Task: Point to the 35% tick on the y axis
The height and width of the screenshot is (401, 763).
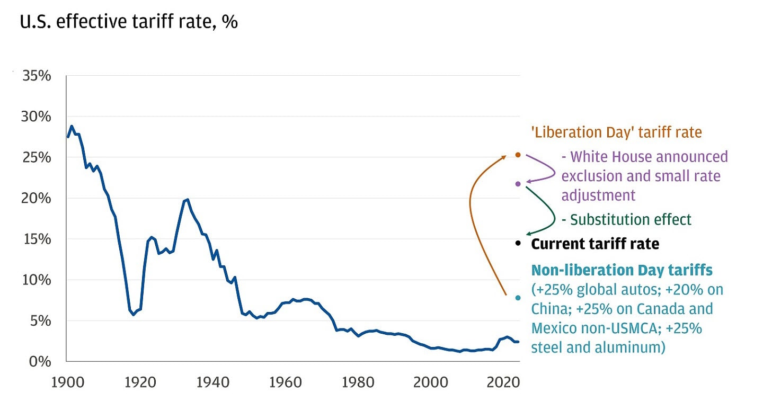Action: (37, 76)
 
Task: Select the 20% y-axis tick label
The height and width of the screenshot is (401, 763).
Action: (37, 198)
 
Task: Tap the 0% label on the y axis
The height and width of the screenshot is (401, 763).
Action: (40, 362)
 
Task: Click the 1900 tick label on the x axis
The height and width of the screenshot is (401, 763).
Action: (67, 382)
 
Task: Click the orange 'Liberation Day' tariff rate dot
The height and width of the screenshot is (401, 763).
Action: (518, 155)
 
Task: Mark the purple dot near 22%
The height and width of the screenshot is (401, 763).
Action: (518, 184)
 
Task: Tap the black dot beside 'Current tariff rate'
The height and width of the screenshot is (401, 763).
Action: (518, 243)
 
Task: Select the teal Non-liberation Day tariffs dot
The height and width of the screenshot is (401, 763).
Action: (518, 298)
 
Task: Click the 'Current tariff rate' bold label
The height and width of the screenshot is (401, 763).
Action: (595, 244)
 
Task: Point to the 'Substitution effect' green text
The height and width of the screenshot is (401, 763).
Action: (626, 219)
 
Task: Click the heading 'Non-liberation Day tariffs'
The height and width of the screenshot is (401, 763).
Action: (622, 271)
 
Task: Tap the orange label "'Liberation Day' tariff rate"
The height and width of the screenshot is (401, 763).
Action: (616, 132)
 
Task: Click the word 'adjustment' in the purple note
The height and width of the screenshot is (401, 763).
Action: (598, 195)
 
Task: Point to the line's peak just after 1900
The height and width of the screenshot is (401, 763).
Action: (72, 126)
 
